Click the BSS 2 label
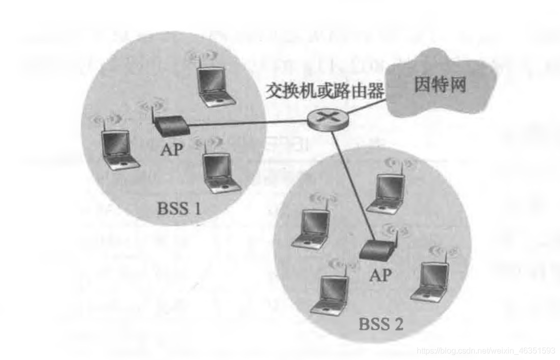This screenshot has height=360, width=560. point(380,324)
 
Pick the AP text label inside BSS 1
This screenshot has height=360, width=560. point(171,150)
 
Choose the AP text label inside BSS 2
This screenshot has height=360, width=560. point(380,275)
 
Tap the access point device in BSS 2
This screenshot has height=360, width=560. point(377,249)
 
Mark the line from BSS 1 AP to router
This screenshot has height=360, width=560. point(250,123)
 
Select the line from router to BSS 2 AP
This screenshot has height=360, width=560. point(352,184)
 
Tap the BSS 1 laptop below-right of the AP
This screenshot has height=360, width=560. point(220,171)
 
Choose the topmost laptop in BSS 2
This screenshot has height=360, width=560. point(388,194)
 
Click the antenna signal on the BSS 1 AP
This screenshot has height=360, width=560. point(151,107)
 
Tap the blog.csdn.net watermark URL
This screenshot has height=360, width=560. point(486,351)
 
